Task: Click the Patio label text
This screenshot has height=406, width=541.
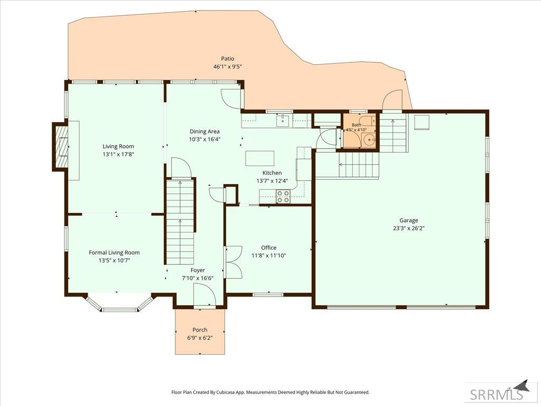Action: pyautogui.click(x=227, y=59)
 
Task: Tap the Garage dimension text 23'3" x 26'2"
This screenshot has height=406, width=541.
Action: pyautogui.click(x=408, y=228)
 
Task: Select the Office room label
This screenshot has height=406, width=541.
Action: pyautogui.click(x=268, y=247)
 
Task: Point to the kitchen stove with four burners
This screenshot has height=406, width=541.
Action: pyautogui.click(x=283, y=197)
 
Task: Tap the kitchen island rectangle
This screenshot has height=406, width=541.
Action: pyautogui.click(x=260, y=158)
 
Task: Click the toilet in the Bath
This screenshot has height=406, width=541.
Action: pyautogui.click(x=367, y=121)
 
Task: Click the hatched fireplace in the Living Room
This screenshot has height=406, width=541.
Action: pyautogui.click(x=63, y=147)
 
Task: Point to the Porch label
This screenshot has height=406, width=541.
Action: pyautogui.click(x=200, y=330)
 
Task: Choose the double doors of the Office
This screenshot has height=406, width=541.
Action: pyautogui.click(x=234, y=262)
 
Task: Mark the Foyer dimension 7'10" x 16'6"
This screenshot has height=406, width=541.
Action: pyautogui.click(x=198, y=278)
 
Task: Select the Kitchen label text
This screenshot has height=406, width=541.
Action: pyautogui.click(x=272, y=173)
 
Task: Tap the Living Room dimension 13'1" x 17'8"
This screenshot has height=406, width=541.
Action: pyautogui.click(x=118, y=154)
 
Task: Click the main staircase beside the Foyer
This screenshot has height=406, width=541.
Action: pyautogui.click(x=180, y=222)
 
